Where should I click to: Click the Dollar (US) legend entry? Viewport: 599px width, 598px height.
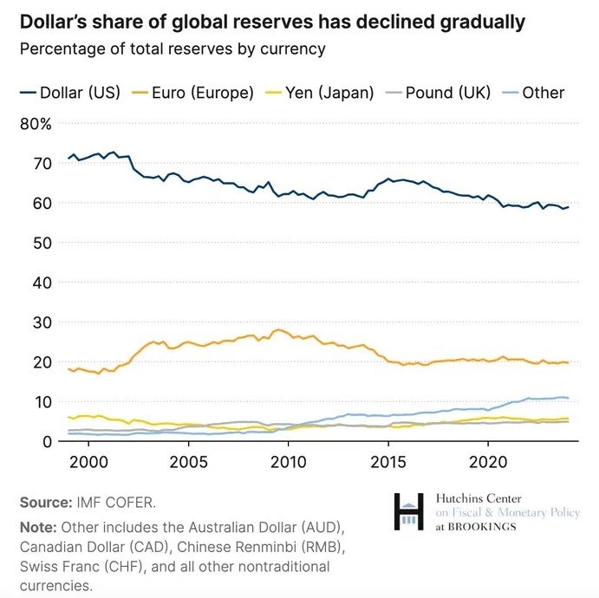[69, 93]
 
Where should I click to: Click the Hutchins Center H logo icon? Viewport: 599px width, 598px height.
[410, 512]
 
